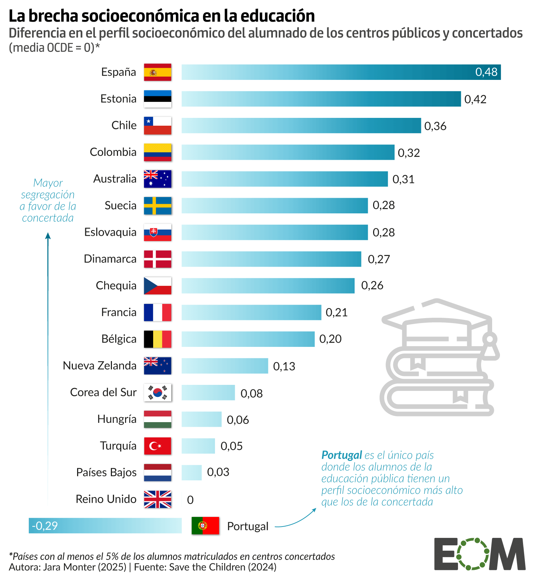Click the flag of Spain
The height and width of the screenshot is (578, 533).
point(157,72)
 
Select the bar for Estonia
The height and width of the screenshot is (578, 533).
point(321,99)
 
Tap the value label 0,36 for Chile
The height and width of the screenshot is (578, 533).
point(435,126)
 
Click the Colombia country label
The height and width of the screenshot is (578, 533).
point(113,152)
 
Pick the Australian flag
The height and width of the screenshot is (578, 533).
point(157,179)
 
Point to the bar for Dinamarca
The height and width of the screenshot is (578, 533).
point(271,259)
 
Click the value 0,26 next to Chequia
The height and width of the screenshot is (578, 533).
point(372,285)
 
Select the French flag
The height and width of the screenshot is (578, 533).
point(157,312)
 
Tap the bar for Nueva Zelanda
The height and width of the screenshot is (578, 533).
point(225,366)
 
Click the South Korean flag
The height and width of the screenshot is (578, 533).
point(157,392)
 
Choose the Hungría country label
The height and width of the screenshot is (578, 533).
point(117,419)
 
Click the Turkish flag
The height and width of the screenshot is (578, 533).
point(157,446)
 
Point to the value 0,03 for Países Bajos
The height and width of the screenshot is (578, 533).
point(218,472)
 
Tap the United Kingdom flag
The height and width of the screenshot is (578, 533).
point(157,499)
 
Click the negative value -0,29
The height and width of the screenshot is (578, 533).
point(45,526)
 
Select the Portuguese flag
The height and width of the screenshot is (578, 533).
point(205,526)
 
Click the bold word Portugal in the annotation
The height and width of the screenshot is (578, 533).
point(341,455)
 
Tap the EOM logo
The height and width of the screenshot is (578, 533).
point(479,554)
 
